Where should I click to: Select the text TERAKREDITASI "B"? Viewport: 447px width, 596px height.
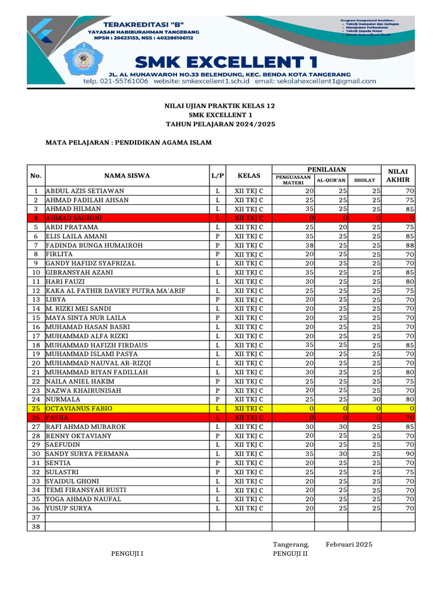click(144, 23)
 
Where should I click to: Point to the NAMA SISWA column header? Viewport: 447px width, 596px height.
click(127, 175)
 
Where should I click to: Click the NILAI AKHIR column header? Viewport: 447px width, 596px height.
click(398, 175)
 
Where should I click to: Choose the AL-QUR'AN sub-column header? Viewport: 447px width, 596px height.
click(331, 180)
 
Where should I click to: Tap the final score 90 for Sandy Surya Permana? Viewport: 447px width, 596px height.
click(409, 453)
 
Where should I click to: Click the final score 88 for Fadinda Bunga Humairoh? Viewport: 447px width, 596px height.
click(409, 244)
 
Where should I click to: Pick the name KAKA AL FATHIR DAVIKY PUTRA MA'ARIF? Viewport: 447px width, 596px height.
click(115, 290)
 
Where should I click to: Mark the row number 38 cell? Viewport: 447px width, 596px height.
click(36, 527)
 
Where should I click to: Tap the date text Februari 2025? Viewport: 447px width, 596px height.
click(349, 544)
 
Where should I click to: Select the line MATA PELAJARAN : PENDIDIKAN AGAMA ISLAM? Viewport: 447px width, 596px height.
click(129, 142)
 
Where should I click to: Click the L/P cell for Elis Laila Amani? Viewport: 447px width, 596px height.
click(217, 236)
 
